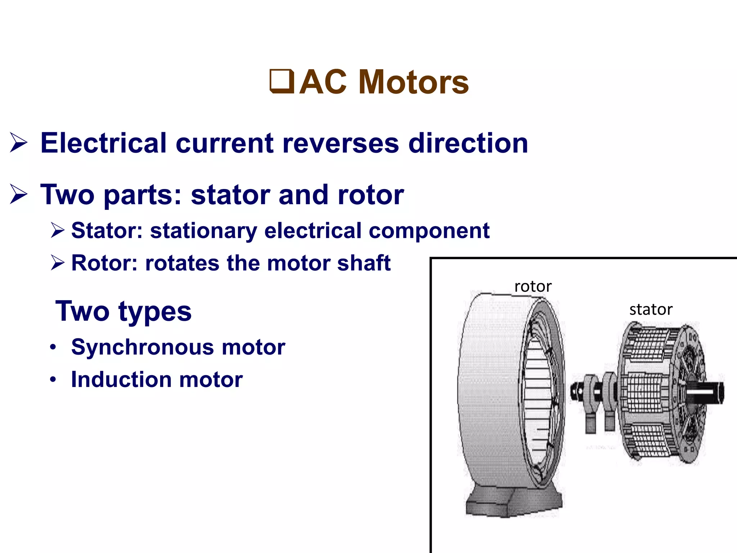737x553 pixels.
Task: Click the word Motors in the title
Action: (x=414, y=82)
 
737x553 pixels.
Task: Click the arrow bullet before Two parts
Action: (x=19, y=194)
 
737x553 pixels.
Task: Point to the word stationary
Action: (x=204, y=231)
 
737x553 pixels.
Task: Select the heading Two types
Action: (x=123, y=311)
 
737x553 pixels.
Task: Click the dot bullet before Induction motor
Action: (x=53, y=379)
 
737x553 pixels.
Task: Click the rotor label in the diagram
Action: (x=533, y=287)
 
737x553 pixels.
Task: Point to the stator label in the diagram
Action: (x=651, y=310)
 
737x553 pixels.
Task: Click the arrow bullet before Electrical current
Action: (x=19, y=143)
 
